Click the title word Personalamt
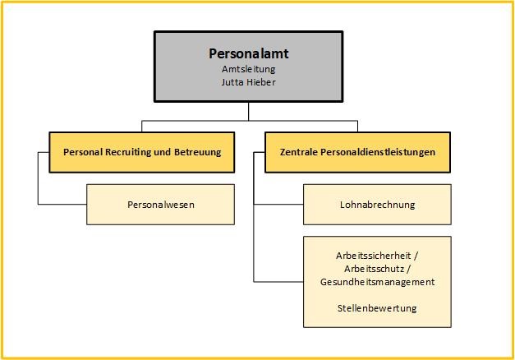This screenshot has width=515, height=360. pyautogui.click(x=248, y=54)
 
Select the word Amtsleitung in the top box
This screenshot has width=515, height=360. pyautogui.click(x=248, y=69)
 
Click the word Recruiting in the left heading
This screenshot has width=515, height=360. pyautogui.click(x=135, y=152)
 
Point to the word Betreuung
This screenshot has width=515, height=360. pyautogui.click(x=197, y=152)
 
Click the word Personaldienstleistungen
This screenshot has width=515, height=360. pyautogui.click(x=377, y=152)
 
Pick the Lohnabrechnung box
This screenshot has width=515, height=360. pyautogui.click(x=377, y=204)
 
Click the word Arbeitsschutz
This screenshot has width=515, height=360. pyautogui.click(x=374, y=269)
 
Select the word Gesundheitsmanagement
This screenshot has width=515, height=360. pyautogui.click(x=377, y=282)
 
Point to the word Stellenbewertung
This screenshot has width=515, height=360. pyautogui.click(x=377, y=308)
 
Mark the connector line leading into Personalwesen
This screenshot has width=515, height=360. pyautogui.click(x=62, y=204)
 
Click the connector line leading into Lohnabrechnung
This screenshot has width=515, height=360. pyautogui.click(x=278, y=204)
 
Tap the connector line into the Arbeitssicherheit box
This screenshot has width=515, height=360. pyautogui.click(x=278, y=282)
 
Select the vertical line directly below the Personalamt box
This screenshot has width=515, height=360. pyautogui.click(x=248, y=109)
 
